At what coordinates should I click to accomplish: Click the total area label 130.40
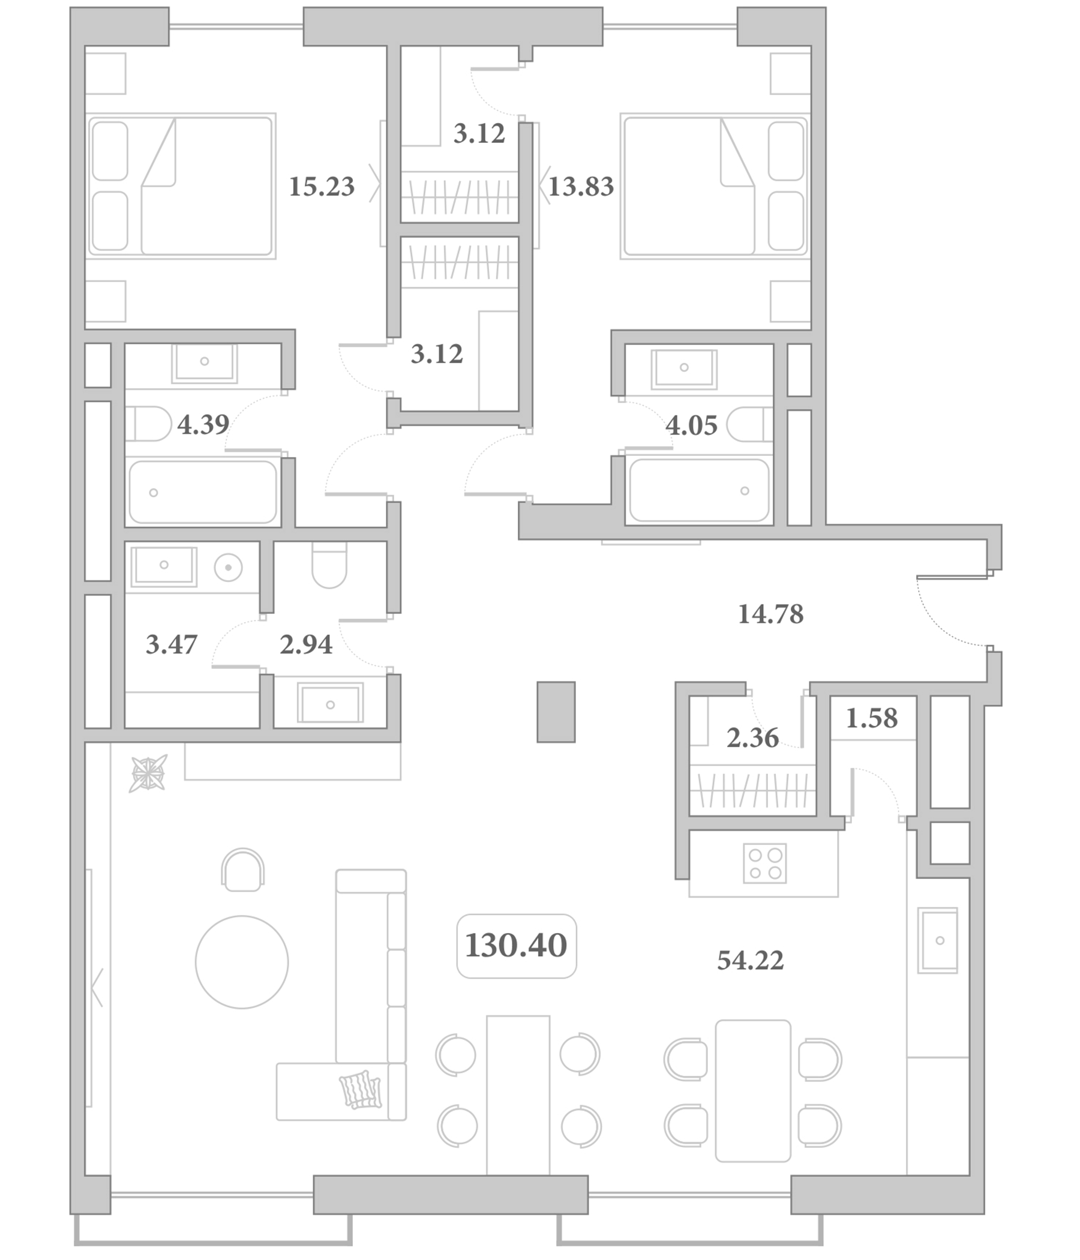tap(515, 946)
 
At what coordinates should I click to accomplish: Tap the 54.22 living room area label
tap(751, 961)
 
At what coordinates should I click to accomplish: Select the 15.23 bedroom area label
tap(322, 187)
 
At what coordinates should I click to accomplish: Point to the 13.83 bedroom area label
tap(581, 187)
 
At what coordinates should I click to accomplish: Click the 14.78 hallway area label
tap(770, 614)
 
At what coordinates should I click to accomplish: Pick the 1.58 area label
tap(871, 718)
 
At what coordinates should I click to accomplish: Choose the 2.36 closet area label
tap(752, 737)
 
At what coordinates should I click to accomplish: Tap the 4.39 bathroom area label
tap(203, 424)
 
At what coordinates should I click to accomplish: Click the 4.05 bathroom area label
tap(691, 425)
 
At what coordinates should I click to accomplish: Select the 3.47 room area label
tap(172, 644)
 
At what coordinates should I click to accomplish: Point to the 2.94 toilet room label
tap(306, 644)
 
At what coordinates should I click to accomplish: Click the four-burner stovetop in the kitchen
tap(764, 863)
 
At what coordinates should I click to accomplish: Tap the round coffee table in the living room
tap(241, 962)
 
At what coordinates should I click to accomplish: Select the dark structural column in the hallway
tap(556, 712)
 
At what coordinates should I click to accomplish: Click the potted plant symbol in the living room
tap(148, 773)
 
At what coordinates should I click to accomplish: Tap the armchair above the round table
tap(242, 870)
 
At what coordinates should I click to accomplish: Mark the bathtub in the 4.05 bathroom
tap(699, 490)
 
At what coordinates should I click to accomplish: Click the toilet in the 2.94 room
tap(329, 565)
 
